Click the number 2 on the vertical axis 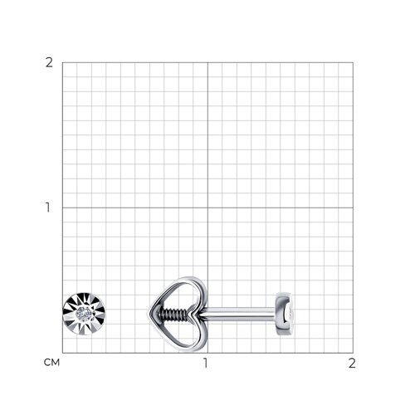tap(49, 63)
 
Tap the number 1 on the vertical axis tap(48, 207)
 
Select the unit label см tap(51, 363)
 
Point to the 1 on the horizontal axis tap(205, 363)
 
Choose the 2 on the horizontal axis tap(352, 363)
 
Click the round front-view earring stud tap(84, 314)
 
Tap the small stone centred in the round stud tap(84, 314)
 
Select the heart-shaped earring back tap(177, 315)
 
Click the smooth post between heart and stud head tap(238, 314)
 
